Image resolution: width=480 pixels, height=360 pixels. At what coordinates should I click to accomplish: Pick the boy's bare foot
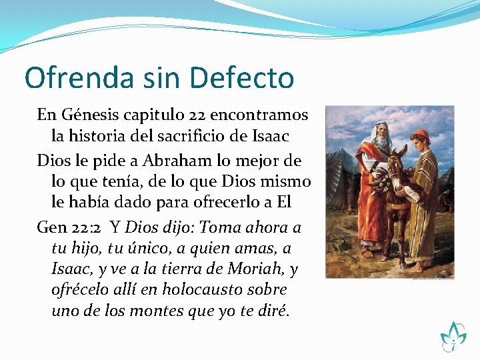[416, 266]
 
